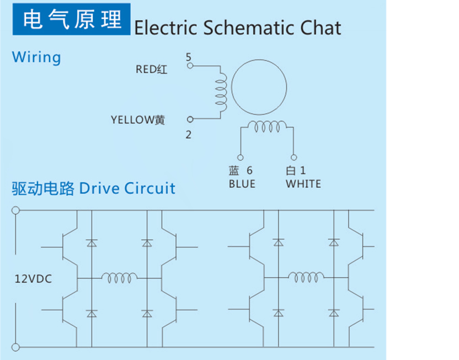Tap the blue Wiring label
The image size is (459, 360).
coord(36,57)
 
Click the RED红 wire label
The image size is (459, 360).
coord(151,70)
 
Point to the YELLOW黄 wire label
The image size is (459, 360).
coord(138,119)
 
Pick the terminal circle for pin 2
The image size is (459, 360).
coord(190,119)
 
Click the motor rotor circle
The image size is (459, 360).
coord(259,86)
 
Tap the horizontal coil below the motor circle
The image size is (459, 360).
coord(267,128)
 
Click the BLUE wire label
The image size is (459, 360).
coord(242,184)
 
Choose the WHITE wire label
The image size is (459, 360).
coord(303,184)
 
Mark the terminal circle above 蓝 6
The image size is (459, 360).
coord(241,157)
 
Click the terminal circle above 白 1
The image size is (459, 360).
coord(294,157)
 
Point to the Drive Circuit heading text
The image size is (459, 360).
coord(127,188)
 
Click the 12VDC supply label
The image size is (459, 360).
coord(33,279)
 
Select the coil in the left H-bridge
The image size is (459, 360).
coord(119,278)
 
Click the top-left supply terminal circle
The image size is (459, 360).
coord(15,210)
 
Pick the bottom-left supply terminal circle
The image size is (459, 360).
coord(15,347)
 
